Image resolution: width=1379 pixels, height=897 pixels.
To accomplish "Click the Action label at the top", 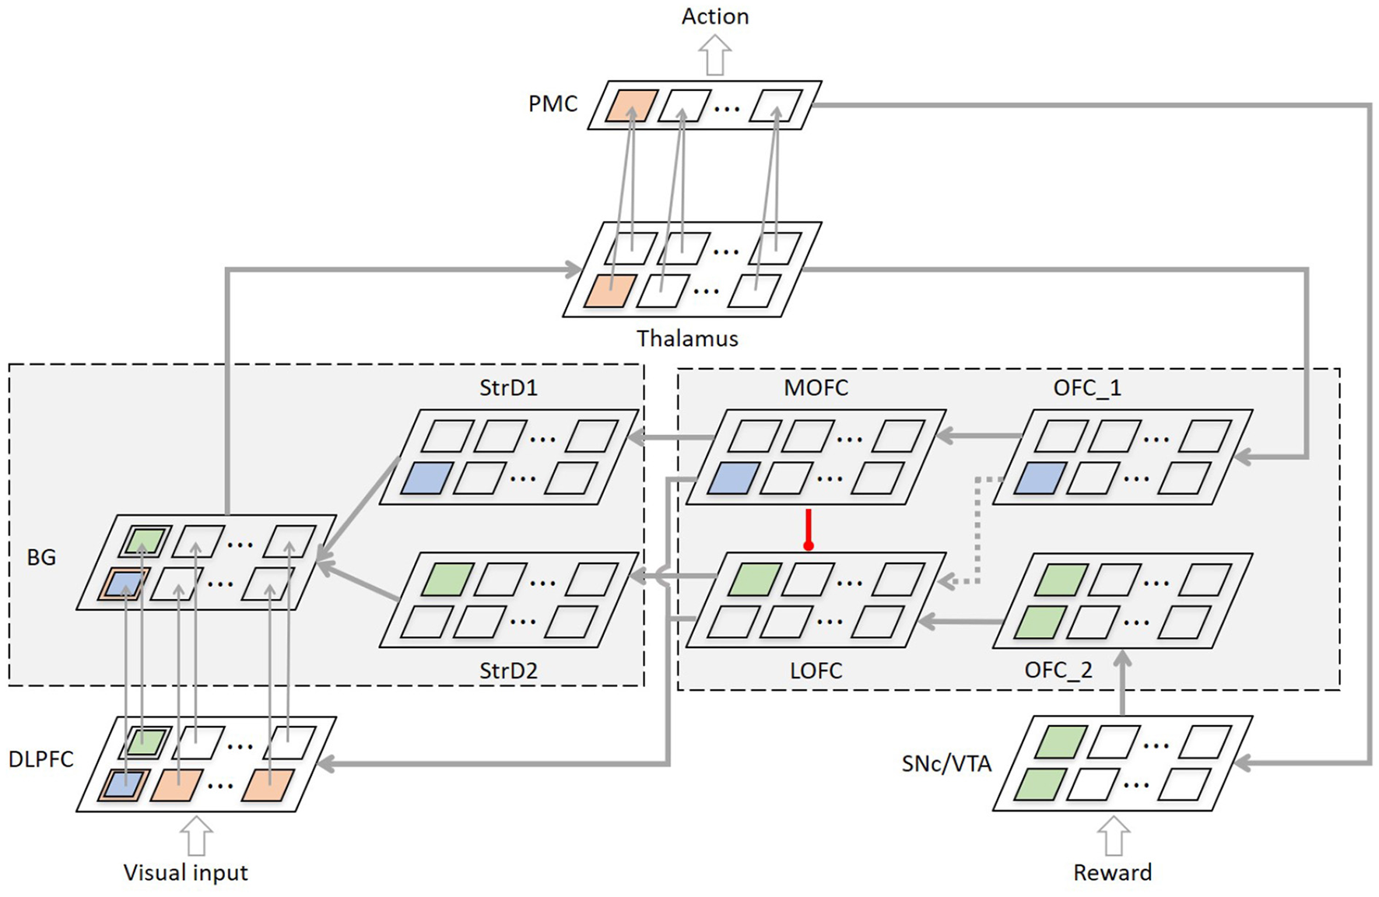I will [714, 16].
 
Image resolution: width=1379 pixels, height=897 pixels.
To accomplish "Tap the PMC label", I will [553, 103].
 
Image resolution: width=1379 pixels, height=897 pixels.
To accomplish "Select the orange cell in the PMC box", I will [631, 106].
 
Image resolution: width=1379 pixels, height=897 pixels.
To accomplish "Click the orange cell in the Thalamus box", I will [610, 291].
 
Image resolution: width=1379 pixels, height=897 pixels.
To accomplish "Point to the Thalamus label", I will [687, 338].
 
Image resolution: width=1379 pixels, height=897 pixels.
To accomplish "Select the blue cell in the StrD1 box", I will [426, 478].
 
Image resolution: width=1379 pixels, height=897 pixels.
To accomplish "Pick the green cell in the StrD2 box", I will [446, 580].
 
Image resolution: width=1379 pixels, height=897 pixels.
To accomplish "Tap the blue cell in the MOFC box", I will [732, 478].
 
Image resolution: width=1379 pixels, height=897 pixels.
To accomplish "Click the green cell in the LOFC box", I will [753, 580].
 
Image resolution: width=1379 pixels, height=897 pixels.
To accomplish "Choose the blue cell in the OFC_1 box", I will [1039, 478].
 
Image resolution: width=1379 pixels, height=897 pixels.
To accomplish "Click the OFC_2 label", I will [1058, 670].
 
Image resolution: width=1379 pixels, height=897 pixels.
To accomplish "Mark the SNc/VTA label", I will [946, 764].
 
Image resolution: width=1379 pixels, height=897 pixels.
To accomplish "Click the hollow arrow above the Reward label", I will [1114, 836].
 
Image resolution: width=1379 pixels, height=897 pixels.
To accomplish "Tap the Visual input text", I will [185, 873].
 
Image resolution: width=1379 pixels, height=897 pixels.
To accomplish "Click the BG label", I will [41, 557].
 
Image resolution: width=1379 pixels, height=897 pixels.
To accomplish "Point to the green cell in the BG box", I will [145, 541].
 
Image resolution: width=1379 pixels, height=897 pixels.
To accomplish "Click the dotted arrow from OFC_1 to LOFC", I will [977, 529].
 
